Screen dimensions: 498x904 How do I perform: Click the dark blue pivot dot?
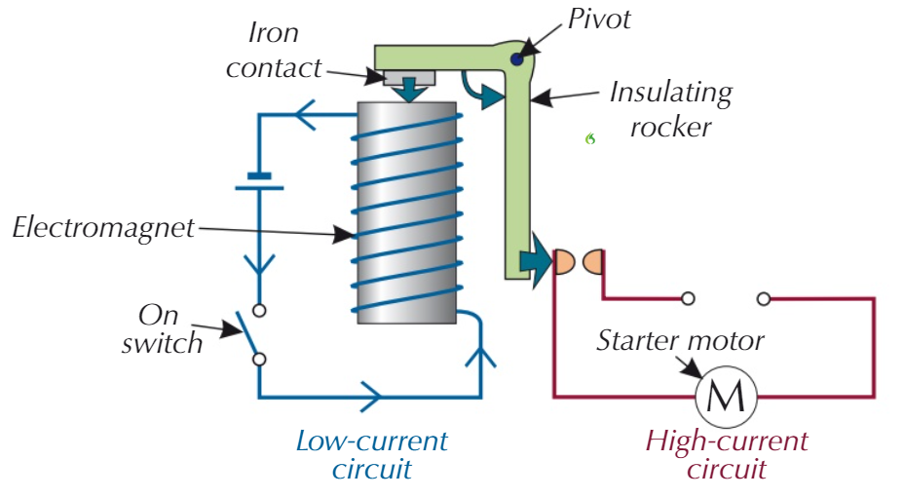click(x=515, y=60)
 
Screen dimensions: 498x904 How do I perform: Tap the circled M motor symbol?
click(x=726, y=397)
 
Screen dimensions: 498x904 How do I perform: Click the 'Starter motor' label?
click(x=680, y=341)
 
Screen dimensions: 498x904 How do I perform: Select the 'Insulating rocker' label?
click(x=671, y=109)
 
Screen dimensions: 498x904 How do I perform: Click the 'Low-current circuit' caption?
click(x=371, y=454)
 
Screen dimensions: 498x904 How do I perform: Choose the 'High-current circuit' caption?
click(x=727, y=454)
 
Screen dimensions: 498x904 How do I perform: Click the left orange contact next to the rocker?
click(x=564, y=261)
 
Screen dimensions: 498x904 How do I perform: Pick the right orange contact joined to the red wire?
click(x=592, y=261)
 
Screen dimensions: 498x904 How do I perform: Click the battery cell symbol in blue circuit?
click(x=258, y=182)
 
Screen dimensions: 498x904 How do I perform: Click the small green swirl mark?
click(x=590, y=139)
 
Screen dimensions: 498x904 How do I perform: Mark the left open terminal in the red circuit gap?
click(x=688, y=298)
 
